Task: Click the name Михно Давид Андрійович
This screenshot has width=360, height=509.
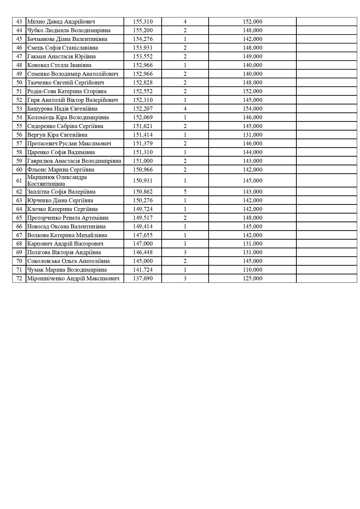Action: pyautogui.click(x=61, y=21)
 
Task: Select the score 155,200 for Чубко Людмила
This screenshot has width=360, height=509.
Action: pyautogui.click(x=143, y=30)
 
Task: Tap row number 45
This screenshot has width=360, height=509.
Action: pyautogui.click(x=19, y=39)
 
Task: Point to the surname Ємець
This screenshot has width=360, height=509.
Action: pyautogui.click(x=34, y=48)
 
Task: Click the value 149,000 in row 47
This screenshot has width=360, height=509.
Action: pyautogui.click(x=252, y=56)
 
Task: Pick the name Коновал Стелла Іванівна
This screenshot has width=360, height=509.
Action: pyautogui.click(x=59, y=65)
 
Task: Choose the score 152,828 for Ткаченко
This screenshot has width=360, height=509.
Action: pyautogui.click(x=143, y=82)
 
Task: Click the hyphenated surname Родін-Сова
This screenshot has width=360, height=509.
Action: pyautogui.click(x=41, y=91)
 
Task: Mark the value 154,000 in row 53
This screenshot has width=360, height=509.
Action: pyautogui.click(x=252, y=109)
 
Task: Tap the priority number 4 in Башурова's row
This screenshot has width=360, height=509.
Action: pyautogui.click(x=185, y=109)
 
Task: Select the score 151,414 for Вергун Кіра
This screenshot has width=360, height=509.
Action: pyautogui.click(x=143, y=135)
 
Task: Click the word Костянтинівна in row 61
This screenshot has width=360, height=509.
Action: pyautogui.click(x=46, y=184)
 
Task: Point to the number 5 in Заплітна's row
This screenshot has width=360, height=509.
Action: pyautogui.click(x=185, y=192)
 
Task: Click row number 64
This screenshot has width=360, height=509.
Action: pyautogui.click(x=19, y=209)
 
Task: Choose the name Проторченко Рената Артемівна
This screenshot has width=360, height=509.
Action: pyautogui.click(x=68, y=218)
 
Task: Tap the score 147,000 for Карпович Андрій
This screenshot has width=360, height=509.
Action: pyautogui.click(x=143, y=243)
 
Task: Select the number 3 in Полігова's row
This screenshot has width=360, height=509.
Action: pyautogui.click(x=185, y=252)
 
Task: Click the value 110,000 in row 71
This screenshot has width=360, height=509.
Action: pyautogui.click(x=252, y=270)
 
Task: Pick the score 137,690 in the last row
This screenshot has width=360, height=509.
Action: pyautogui.click(x=143, y=278)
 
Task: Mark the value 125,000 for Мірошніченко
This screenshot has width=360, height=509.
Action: pyautogui.click(x=252, y=278)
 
